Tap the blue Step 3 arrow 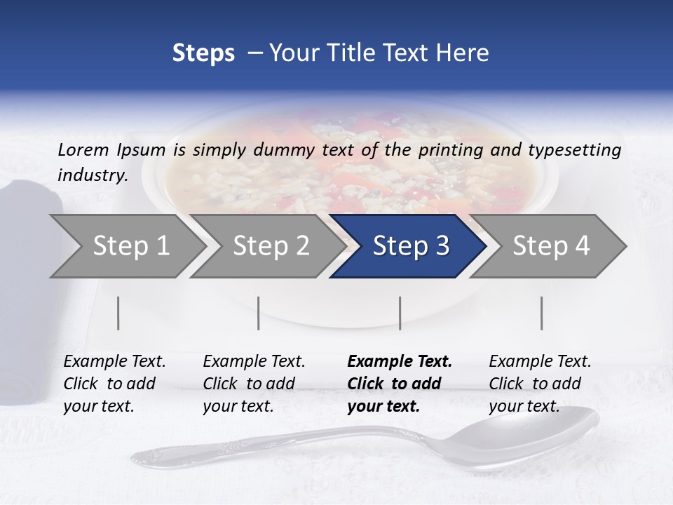click(410, 246)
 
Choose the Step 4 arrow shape click(551, 246)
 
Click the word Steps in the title click(203, 53)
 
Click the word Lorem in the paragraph click(82, 149)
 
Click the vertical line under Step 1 click(118, 313)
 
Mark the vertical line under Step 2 click(259, 313)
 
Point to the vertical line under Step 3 click(400, 313)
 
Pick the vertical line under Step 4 click(541, 313)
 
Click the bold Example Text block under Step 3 click(400, 384)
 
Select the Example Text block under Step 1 click(114, 384)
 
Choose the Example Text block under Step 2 click(254, 384)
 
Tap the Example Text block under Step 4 click(540, 384)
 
